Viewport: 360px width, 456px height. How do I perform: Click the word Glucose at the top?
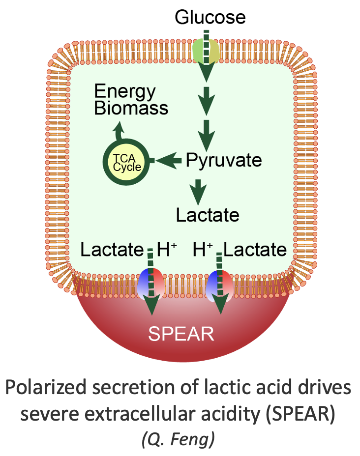210,18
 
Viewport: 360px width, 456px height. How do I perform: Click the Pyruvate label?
224,160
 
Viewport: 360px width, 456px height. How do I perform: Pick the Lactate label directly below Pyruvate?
208,215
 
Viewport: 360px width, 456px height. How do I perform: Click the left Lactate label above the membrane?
112,250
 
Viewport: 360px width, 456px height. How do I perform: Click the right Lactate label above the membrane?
255,250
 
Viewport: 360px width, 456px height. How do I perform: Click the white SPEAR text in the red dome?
181,334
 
